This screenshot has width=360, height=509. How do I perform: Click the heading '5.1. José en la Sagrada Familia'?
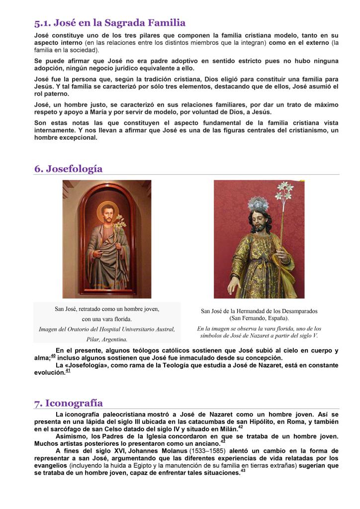click(x=110, y=23)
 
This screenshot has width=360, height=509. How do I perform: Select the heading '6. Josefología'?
click(x=69, y=169)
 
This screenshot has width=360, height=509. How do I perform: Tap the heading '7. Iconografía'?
click(x=69, y=403)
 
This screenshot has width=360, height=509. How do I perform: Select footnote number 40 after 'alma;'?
click(x=53, y=356)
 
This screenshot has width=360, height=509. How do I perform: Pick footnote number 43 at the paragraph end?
click(x=243, y=471)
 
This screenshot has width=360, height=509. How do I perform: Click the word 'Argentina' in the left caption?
click(x=113, y=339)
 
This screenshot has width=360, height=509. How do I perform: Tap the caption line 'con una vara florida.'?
click(x=107, y=319)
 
